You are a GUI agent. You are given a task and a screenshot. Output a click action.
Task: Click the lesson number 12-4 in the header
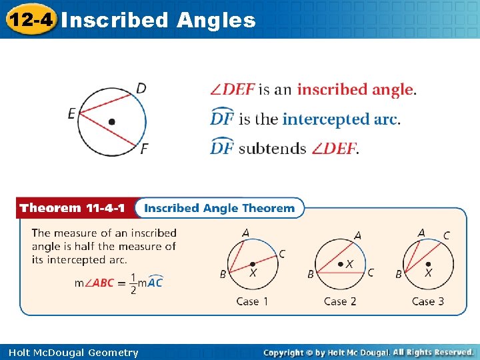(29, 19)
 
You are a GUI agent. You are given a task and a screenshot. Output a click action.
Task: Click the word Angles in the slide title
(216, 21)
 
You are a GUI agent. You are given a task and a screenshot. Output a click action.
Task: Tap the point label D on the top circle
(141, 88)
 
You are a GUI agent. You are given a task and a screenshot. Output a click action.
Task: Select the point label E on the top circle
(71, 114)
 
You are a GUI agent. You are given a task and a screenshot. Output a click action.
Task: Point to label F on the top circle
(144, 149)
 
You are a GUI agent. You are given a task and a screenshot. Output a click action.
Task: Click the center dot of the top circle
(111, 121)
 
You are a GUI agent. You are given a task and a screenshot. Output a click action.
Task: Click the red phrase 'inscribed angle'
(355, 90)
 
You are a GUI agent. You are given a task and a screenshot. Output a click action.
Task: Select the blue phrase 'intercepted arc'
(340, 119)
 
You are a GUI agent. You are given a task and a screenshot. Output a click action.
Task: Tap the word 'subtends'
(272, 149)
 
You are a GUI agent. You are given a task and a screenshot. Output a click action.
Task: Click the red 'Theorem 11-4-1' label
(72, 208)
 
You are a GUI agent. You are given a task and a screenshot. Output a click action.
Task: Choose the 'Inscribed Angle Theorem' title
(219, 208)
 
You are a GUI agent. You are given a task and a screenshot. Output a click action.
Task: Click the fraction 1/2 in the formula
(133, 283)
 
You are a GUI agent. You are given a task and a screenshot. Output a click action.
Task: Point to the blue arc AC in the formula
(154, 282)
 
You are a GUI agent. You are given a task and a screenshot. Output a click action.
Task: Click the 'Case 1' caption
(252, 301)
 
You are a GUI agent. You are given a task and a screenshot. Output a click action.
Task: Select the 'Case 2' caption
(340, 301)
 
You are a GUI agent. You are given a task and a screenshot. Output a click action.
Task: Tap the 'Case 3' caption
(427, 301)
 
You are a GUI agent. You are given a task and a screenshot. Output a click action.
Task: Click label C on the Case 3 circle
(446, 235)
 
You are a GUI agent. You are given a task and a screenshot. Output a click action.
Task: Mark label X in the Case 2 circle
(349, 265)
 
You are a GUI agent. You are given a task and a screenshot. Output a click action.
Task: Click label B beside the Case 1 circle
(223, 273)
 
